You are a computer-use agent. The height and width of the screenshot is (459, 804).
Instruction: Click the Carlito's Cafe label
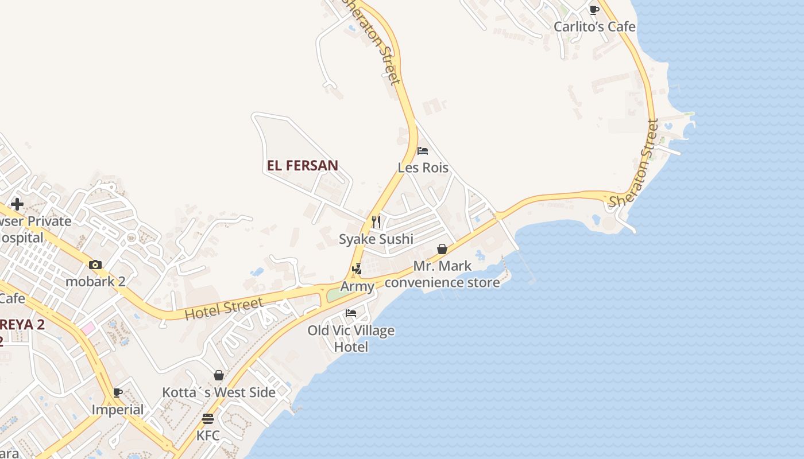[594, 26]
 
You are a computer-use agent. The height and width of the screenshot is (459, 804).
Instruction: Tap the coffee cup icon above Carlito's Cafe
[594, 10]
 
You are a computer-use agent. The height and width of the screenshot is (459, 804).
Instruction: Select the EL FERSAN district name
[302, 166]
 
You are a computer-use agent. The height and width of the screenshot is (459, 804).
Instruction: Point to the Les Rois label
[423, 168]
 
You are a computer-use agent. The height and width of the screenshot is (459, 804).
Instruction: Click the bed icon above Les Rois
[423, 151]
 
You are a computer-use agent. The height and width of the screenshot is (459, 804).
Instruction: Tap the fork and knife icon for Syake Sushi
[376, 221]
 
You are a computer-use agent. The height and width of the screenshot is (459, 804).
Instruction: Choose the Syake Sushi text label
[376, 239]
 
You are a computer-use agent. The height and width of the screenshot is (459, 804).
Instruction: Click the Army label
[357, 286]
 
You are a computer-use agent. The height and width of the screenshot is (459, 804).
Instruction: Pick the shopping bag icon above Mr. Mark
[442, 249]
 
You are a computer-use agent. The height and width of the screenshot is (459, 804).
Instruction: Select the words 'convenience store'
[442, 282]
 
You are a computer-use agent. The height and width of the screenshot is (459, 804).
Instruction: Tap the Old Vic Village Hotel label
[351, 339]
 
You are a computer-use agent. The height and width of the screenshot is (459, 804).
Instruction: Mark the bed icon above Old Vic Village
[351, 313]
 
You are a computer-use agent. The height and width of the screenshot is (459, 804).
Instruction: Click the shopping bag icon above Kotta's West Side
[219, 375]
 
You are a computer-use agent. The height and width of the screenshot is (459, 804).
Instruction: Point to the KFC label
[208, 435]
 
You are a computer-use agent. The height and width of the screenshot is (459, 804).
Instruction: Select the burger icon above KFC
[208, 419]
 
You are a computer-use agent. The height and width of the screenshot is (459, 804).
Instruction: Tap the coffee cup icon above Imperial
[118, 392]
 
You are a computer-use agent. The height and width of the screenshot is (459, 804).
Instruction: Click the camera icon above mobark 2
[95, 264]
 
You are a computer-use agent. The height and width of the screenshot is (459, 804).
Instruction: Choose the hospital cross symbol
[17, 204]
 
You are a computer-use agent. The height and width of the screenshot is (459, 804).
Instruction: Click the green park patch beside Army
[336, 295]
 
